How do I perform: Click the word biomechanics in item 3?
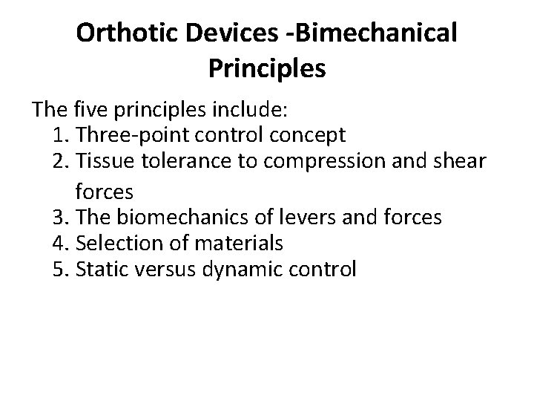pyautogui.click(x=179, y=217)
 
